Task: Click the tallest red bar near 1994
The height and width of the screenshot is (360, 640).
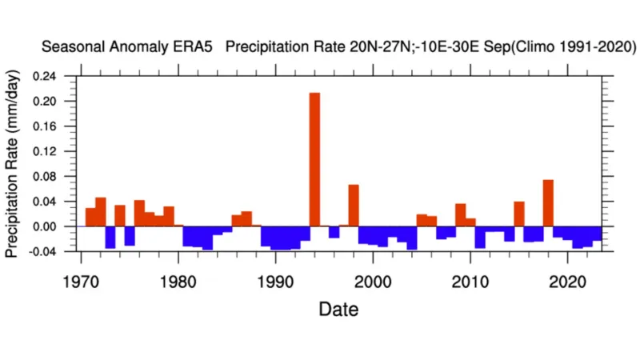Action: click(x=314, y=160)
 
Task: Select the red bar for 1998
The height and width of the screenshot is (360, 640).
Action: click(x=354, y=206)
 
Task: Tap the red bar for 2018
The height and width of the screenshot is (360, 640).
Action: click(x=548, y=203)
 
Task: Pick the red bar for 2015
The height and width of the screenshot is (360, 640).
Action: click(x=519, y=214)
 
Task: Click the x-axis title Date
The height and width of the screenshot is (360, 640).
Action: click(x=338, y=309)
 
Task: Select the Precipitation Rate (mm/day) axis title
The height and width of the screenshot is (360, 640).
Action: click(x=13, y=164)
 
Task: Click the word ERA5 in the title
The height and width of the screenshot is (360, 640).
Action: click(x=197, y=48)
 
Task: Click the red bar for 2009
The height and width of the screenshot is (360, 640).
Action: click(x=461, y=215)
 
